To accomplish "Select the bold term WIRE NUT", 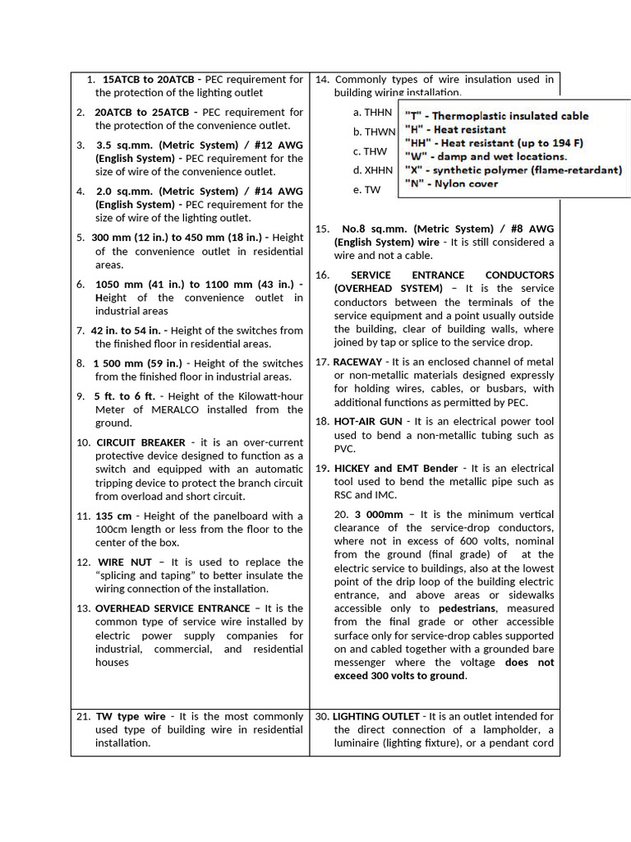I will [x=122, y=562].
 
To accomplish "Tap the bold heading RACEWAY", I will [x=357, y=362].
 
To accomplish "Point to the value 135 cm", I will [x=114, y=516].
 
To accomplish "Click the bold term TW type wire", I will [x=130, y=717].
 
